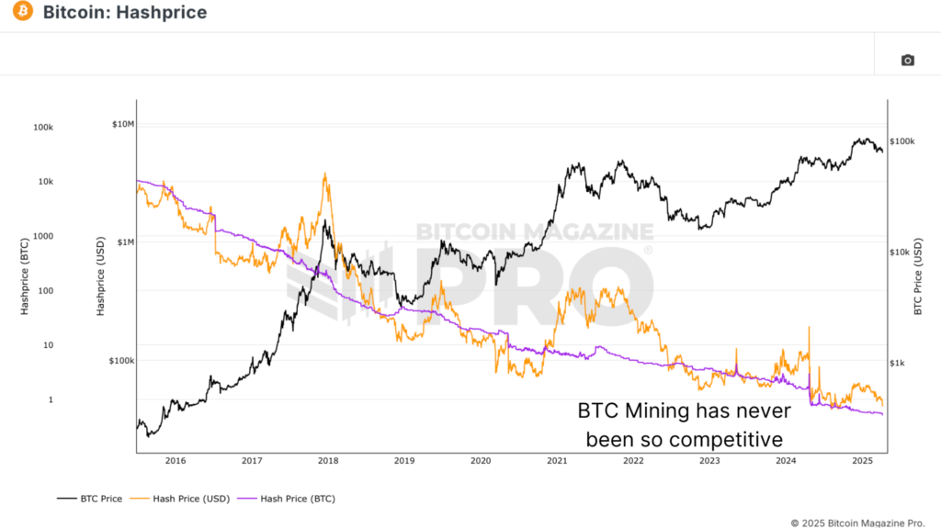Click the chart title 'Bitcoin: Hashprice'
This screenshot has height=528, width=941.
pyautogui.click(x=124, y=13)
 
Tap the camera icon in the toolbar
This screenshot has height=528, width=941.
pyautogui.click(x=907, y=61)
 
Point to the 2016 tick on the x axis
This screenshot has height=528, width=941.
pyautogui.click(x=176, y=461)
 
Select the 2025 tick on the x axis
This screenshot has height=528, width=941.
pyautogui.click(x=862, y=461)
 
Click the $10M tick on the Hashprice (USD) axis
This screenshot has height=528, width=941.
pyautogui.click(x=122, y=124)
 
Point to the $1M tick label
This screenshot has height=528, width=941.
pyautogui.click(x=124, y=242)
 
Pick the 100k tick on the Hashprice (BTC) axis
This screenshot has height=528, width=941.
pyautogui.click(x=42, y=127)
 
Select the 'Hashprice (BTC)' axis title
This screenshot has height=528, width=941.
pyautogui.click(x=25, y=278)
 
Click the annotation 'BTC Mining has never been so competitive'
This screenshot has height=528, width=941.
pyautogui.click(x=684, y=424)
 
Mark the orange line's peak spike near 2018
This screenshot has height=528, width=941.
pyautogui.click(x=325, y=174)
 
